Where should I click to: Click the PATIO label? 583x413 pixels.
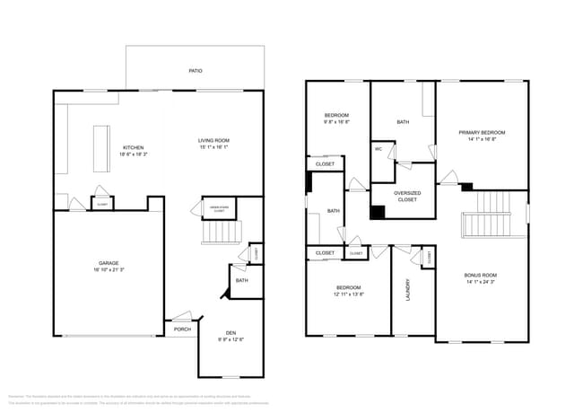pyautogui.click(x=195, y=70)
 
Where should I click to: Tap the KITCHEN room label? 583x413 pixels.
pyautogui.click(x=133, y=147)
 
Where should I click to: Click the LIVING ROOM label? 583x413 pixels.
pyautogui.click(x=214, y=140)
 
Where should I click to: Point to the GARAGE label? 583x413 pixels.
pyautogui.click(x=96, y=264)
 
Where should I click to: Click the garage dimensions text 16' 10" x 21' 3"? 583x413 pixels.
pyautogui.click(x=96, y=270)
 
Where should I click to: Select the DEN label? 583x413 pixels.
pyautogui.click(x=231, y=333)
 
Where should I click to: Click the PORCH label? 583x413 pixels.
pyautogui.click(x=183, y=330)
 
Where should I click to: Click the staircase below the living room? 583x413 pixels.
pyautogui.click(x=222, y=233)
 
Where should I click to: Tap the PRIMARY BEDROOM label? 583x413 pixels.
pyautogui.click(x=482, y=133)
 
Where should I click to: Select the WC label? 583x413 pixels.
pyautogui.click(x=379, y=149)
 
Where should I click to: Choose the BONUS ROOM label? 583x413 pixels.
pyautogui.click(x=481, y=275)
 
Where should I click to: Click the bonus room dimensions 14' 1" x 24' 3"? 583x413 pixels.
pyautogui.click(x=481, y=282)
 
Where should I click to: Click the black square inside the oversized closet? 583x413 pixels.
pyautogui.click(x=378, y=212)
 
